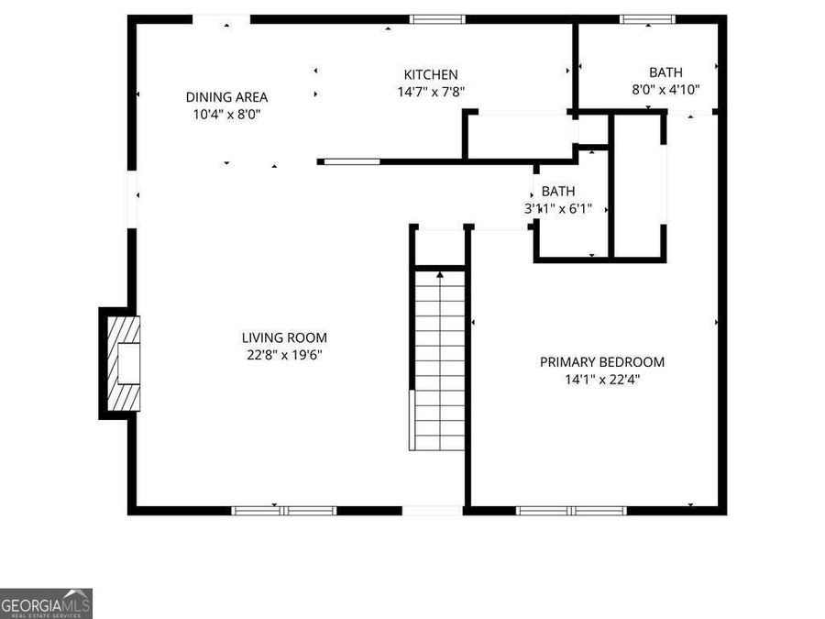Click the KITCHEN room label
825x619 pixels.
(x=431, y=74)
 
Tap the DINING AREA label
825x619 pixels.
(x=226, y=97)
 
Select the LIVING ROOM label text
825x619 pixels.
(x=284, y=337)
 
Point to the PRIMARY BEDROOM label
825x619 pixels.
(x=601, y=362)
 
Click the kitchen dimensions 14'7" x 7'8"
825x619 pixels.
(x=431, y=92)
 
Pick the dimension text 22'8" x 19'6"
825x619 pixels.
(x=284, y=355)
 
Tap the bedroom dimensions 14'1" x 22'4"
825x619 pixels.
(x=601, y=380)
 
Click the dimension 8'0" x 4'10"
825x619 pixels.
(x=665, y=90)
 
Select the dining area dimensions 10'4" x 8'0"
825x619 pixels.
(x=226, y=115)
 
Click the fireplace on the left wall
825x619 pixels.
(x=122, y=362)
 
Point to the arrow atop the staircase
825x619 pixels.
(x=440, y=272)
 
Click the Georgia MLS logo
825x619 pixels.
(x=46, y=603)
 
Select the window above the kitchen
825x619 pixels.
(x=437, y=19)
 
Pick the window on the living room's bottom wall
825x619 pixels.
(x=283, y=510)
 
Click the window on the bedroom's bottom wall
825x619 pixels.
(x=571, y=510)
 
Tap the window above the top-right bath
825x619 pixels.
(x=647, y=19)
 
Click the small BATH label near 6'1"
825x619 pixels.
(x=558, y=192)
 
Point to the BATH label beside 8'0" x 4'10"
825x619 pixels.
(x=665, y=72)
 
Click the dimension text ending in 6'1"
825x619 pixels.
(x=558, y=209)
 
